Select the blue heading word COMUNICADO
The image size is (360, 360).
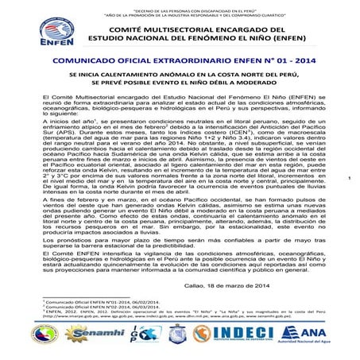click(87, 60)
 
